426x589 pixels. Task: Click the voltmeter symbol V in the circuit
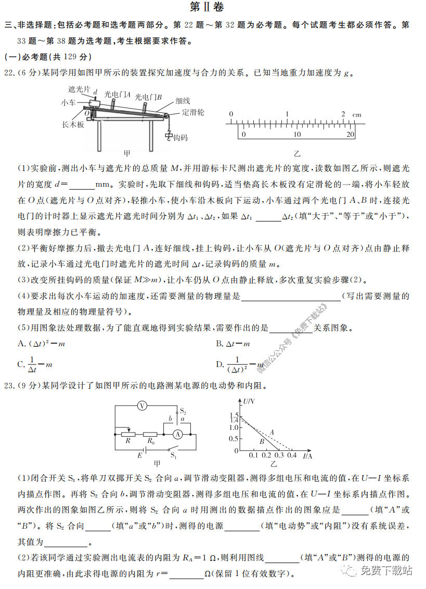(x=140, y=406)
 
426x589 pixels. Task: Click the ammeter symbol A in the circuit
(x=178, y=434)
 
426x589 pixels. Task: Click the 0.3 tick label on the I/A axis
(x=278, y=455)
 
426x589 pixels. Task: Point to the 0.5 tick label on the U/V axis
(x=234, y=439)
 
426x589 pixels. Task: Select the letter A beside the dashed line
(x=272, y=431)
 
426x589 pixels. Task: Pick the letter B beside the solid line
(x=263, y=441)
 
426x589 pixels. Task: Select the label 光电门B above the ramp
(x=148, y=97)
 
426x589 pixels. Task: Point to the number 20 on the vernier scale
(x=350, y=134)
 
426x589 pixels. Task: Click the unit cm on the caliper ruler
(x=357, y=114)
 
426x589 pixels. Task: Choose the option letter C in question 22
(x=21, y=364)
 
